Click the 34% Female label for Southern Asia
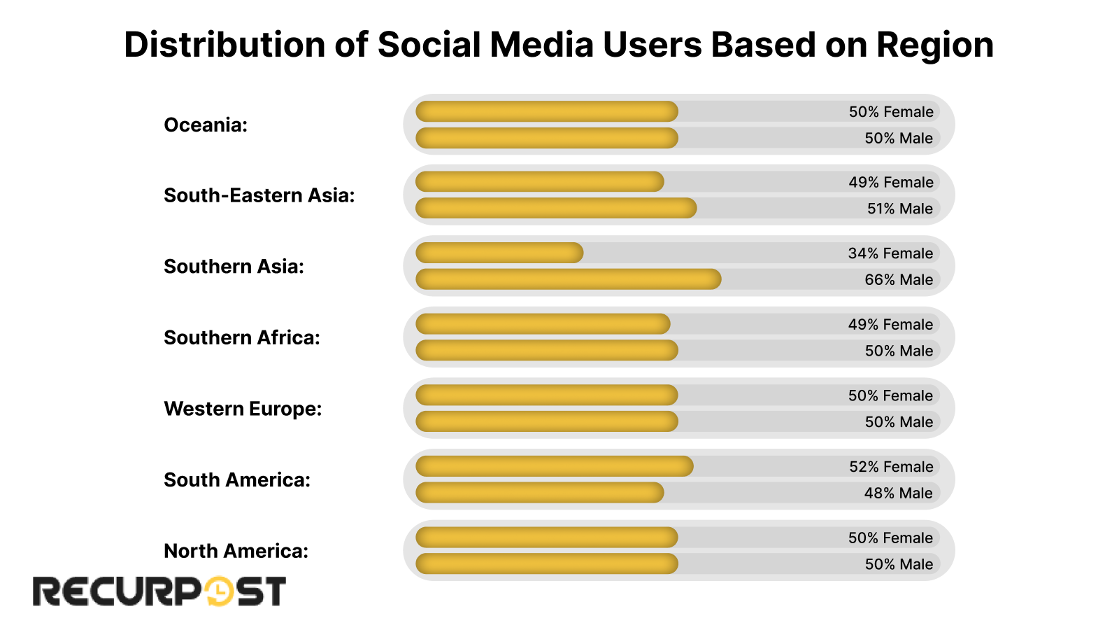click(890, 253)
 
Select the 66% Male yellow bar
click(568, 279)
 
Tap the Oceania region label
click(206, 125)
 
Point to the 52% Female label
click(891, 467)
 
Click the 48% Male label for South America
click(898, 493)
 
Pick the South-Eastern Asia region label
click(259, 195)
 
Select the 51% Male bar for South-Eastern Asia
click(556, 208)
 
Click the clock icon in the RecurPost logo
click(219, 591)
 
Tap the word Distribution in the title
click(224, 45)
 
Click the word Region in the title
click(934, 45)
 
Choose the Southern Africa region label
click(241, 337)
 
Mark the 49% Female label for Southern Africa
click(890, 325)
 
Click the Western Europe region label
click(243, 409)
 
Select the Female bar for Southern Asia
click(499, 253)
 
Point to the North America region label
click(236, 551)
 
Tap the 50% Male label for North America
click(899, 564)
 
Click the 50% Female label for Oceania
click(891, 112)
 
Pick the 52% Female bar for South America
click(554, 466)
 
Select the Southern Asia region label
click(234, 267)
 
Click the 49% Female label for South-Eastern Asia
click(891, 183)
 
